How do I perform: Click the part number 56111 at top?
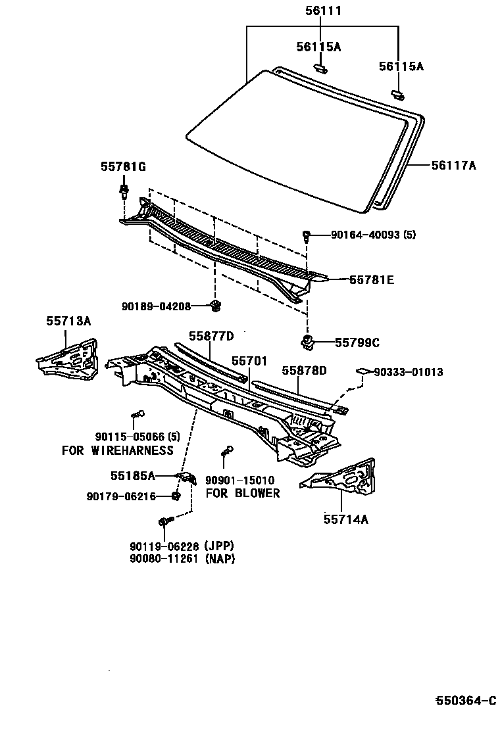[x=323, y=11]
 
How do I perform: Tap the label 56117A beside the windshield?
[x=453, y=166]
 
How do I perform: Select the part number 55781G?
[x=122, y=168]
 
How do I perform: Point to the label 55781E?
[x=372, y=280]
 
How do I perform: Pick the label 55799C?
[x=357, y=342]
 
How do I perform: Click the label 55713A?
[x=68, y=321]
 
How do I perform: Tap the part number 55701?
[x=249, y=361]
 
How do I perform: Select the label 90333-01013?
[x=409, y=372]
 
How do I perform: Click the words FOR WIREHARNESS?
[x=118, y=450]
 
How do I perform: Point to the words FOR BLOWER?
[x=243, y=493]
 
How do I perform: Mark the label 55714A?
[x=345, y=519]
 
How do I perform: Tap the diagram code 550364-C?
[x=465, y=701]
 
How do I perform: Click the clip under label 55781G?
[x=123, y=191]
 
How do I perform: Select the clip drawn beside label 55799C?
[x=307, y=341]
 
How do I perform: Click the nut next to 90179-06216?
[x=176, y=496]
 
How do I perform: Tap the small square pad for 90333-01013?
[x=361, y=372]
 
